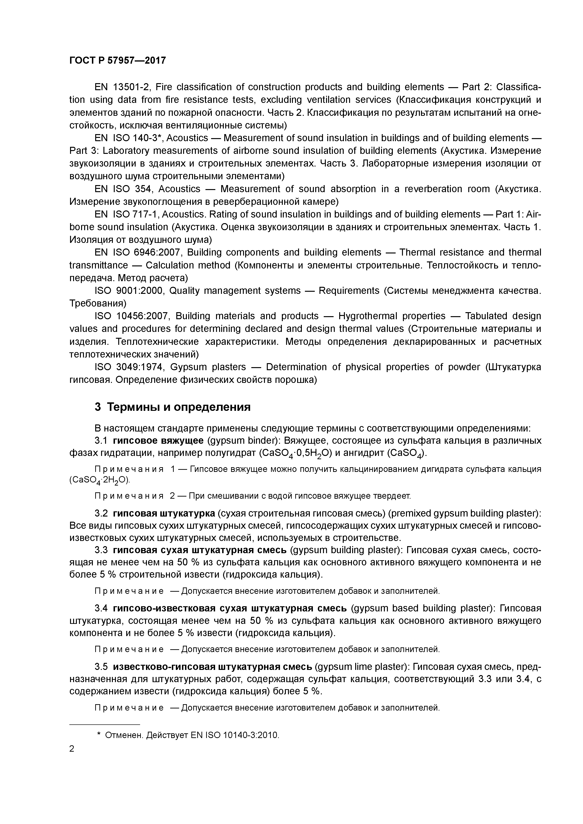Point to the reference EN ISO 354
(124, 189)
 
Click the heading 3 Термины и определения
(172, 407)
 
